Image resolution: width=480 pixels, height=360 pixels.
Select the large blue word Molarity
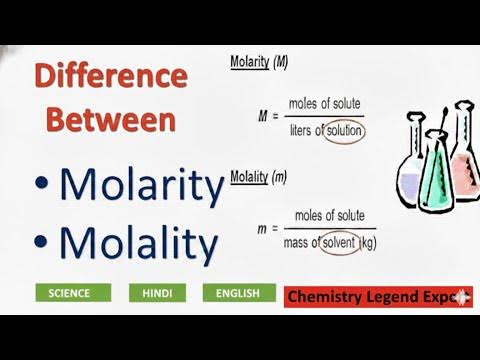click(x=140, y=186)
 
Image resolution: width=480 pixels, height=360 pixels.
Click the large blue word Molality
click(x=138, y=243)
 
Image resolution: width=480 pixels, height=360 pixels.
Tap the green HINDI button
click(x=156, y=293)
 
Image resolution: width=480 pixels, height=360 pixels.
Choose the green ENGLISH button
click(x=238, y=293)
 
